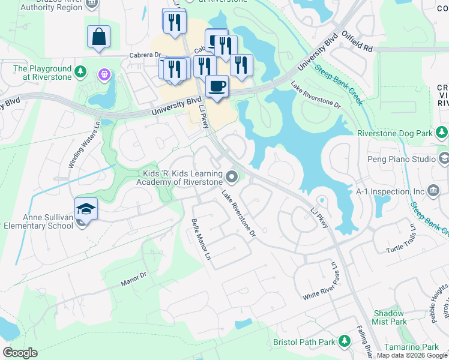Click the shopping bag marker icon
pyautogui.click(x=98, y=37)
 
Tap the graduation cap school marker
pyautogui.click(x=86, y=209)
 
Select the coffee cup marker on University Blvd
pyautogui.click(x=217, y=86)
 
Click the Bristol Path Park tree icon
pyautogui.click(x=345, y=341)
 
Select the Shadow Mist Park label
pyautogui.click(x=389, y=317)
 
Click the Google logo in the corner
pyautogui.click(x=20, y=353)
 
